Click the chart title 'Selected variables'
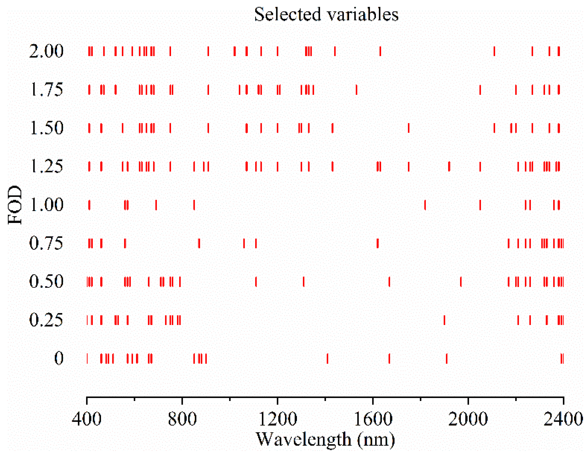coord(326,14)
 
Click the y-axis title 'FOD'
coord(15,205)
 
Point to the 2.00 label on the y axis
coord(46,51)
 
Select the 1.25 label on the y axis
coord(46,166)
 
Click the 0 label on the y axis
coord(59,358)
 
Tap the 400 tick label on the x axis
coord(87,419)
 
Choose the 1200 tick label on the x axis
coord(278,419)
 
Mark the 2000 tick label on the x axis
coord(468,419)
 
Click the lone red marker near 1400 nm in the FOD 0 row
coord(327,358)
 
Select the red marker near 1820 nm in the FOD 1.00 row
coord(425,205)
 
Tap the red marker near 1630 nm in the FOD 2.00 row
coord(380,51)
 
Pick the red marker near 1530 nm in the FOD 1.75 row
coord(357,90)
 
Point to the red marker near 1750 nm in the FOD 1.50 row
coord(409,128)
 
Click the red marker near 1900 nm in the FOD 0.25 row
coord(444,320)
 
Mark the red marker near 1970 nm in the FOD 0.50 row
coord(461,282)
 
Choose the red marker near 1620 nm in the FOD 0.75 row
coord(378,243)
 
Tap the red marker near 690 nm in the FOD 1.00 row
coord(156,205)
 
